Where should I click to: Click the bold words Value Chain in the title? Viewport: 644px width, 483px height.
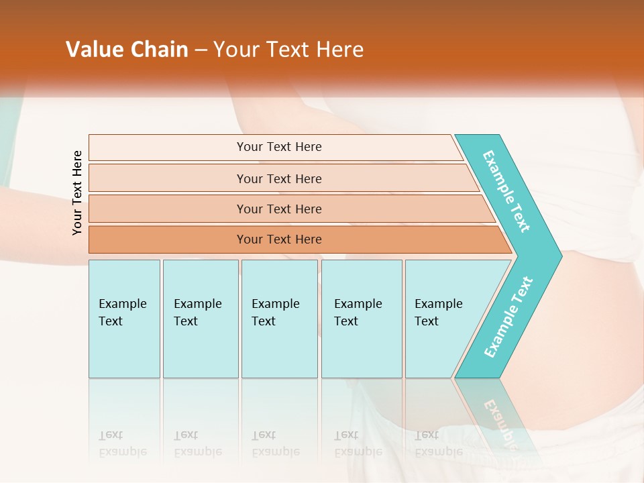pyautogui.click(x=127, y=50)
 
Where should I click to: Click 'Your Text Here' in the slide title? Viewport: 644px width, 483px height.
pyautogui.click(x=288, y=50)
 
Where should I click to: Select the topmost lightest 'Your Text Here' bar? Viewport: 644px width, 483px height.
pyautogui.click(x=279, y=147)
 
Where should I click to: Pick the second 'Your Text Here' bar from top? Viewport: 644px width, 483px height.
pyautogui.click(x=279, y=178)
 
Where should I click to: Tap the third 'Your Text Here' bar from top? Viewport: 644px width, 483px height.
pyautogui.click(x=279, y=209)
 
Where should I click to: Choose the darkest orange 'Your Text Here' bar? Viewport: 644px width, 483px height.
pyautogui.click(x=279, y=239)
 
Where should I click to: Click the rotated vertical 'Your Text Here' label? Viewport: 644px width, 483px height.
pyautogui.click(x=77, y=193)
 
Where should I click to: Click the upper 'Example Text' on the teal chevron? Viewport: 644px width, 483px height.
pyautogui.click(x=506, y=191)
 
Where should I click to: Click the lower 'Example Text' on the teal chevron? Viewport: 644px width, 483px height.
pyautogui.click(x=508, y=317)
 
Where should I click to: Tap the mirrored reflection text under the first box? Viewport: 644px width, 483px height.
pyautogui.click(x=122, y=443)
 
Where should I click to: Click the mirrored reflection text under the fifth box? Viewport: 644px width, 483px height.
pyautogui.click(x=439, y=443)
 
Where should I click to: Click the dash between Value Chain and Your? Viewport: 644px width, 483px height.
pyautogui.click(x=201, y=50)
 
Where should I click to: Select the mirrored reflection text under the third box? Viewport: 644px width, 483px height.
pyautogui.click(x=275, y=443)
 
